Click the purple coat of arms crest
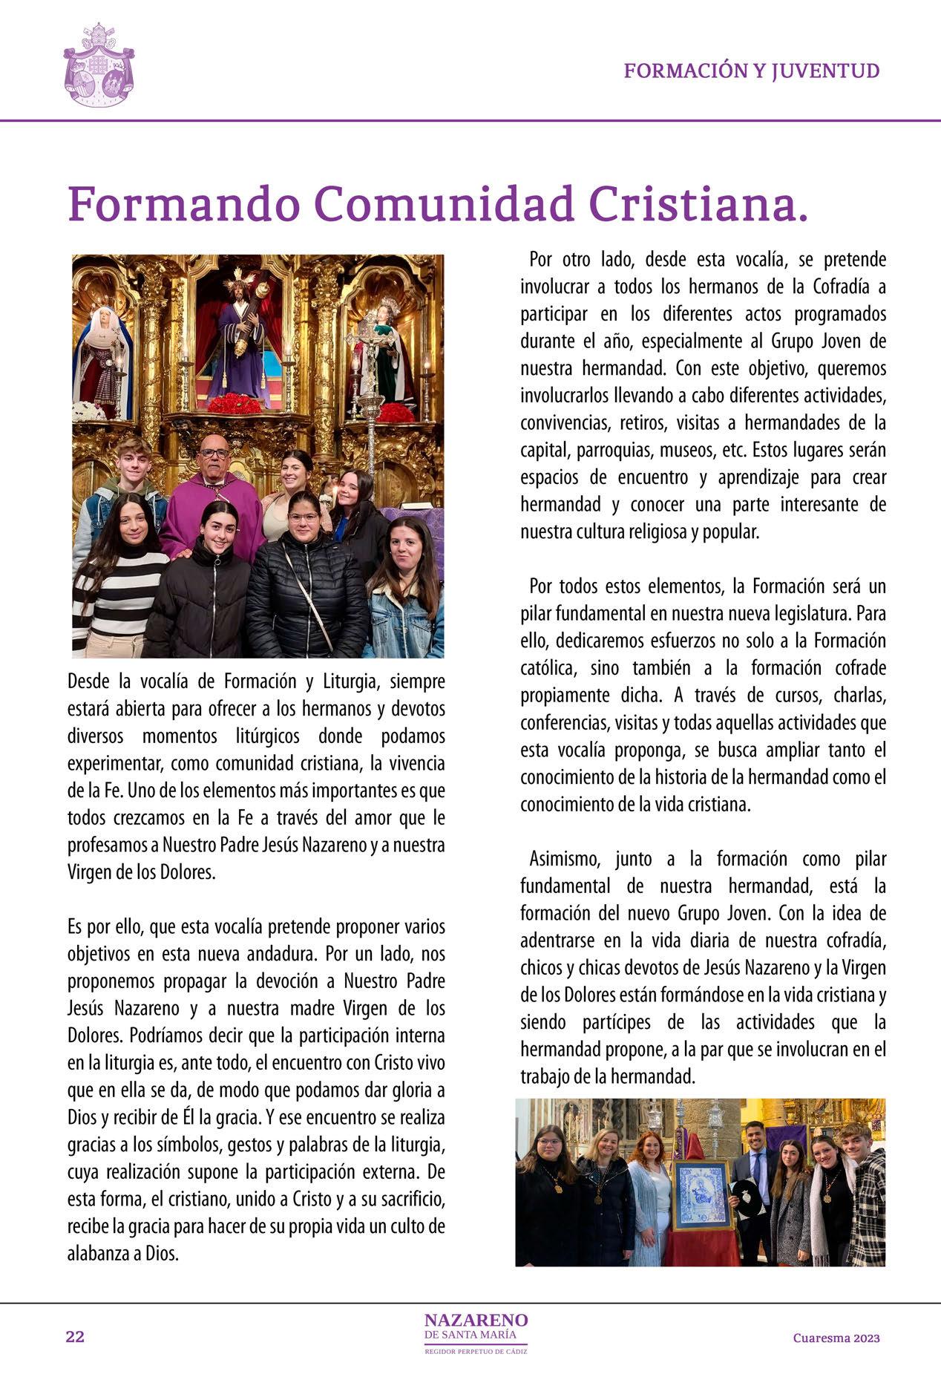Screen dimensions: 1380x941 click(99, 66)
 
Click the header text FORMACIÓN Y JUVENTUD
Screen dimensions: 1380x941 click(751, 71)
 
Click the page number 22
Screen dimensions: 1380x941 click(75, 1337)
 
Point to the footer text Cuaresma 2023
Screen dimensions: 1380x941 click(836, 1338)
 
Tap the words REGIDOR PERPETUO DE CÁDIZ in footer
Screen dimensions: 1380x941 click(476, 1351)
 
